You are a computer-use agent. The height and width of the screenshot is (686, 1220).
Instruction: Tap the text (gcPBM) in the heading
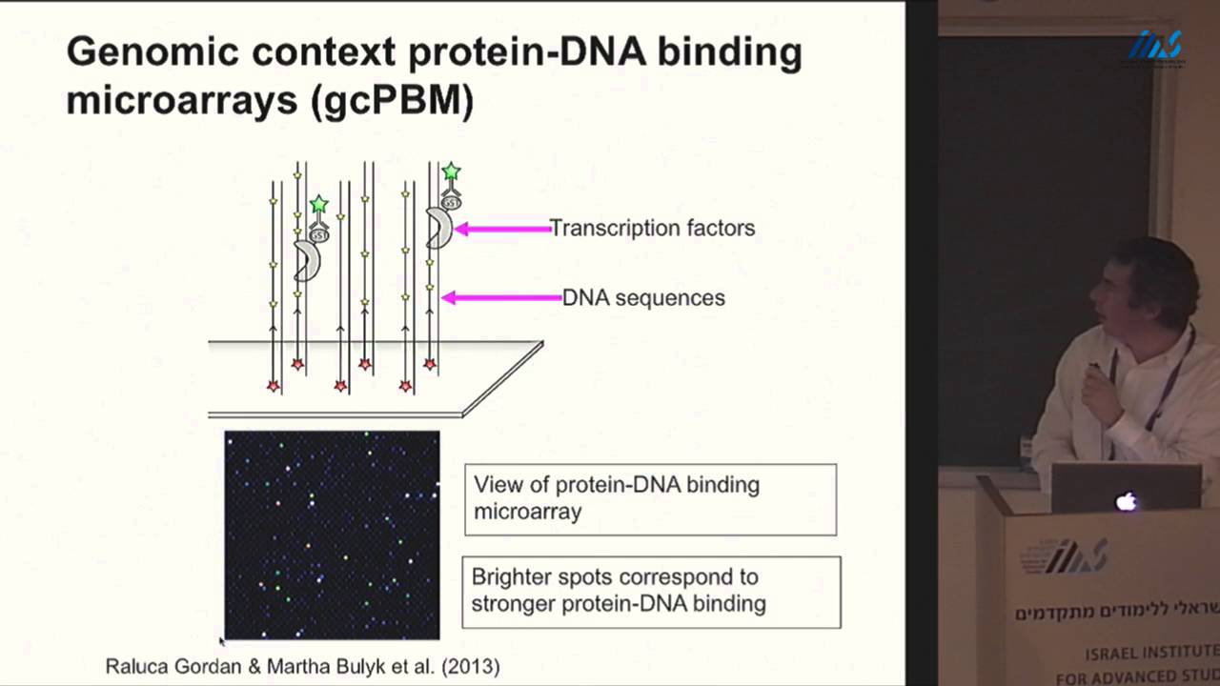click(x=392, y=100)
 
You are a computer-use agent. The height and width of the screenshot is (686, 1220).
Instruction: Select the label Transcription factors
click(x=652, y=228)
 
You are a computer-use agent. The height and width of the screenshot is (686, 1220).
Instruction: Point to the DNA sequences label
click(x=643, y=297)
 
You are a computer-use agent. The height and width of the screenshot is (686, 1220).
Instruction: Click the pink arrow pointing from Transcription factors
click(x=502, y=229)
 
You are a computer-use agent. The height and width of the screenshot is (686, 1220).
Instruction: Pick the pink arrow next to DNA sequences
click(x=502, y=298)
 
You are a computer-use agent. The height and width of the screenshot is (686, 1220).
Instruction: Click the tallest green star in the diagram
click(x=451, y=171)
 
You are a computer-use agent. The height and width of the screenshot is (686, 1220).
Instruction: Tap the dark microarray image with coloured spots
click(x=332, y=535)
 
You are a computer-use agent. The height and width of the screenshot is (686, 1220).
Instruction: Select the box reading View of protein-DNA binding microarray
click(x=650, y=498)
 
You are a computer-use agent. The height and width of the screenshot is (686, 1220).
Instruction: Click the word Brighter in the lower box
click(x=515, y=577)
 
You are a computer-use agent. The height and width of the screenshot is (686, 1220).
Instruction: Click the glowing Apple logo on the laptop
click(x=1127, y=501)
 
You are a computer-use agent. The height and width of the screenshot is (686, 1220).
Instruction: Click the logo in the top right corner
click(x=1155, y=47)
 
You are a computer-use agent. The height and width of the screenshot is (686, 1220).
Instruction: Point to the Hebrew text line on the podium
click(x=1116, y=613)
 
